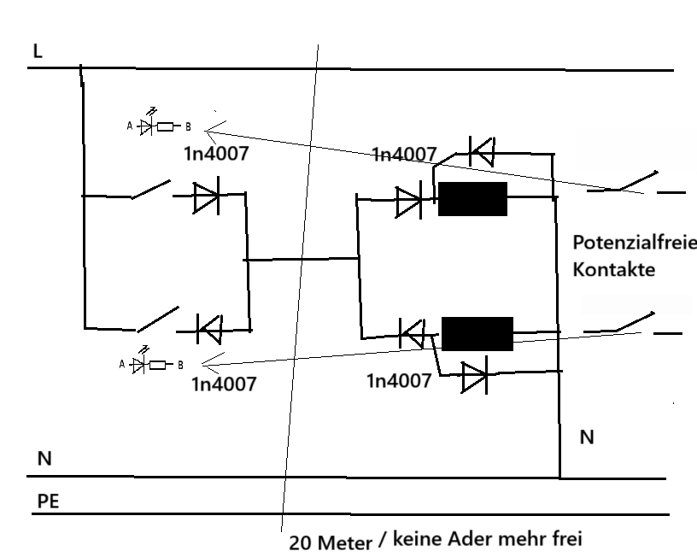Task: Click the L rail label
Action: pyautogui.click(x=37, y=51)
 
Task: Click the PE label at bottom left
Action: pyautogui.click(x=49, y=501)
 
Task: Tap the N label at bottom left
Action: pyautogui.click(x=44, y=459)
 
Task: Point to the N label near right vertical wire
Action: pyautogui.click(x=587, y=437)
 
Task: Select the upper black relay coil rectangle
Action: pyautogui.click(x=472, y=199)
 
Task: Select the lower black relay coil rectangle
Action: pyautogui.click(x=477, y=333)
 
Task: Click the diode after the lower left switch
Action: pyautogui.click(x=208, y=327)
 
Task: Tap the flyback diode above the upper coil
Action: pyautogui.click(x=482, y=152)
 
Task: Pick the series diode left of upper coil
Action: pyautogui.click(x=409, y=202)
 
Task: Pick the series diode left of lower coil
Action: pyautogui.click(x=413, y=331)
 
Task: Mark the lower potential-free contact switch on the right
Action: pyautogui.click(x=633, y=325)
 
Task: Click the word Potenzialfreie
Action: pyautogui.click(x=634, y=243)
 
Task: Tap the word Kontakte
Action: pyautogui.click(x=613, y=270)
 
